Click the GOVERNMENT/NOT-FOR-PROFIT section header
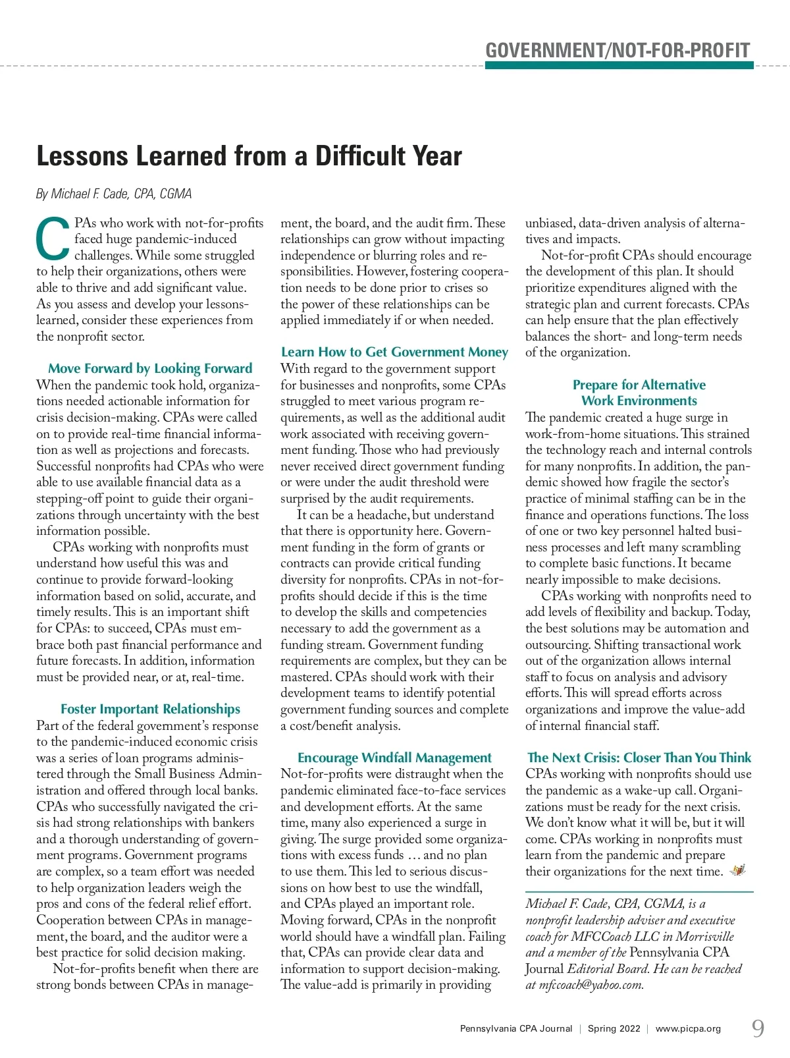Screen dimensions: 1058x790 pos(618,50)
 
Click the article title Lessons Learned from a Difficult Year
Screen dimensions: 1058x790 pos(249,156)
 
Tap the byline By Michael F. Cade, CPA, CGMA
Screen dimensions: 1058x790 pos(114,194)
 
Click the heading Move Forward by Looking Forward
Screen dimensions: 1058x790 pos(150,368)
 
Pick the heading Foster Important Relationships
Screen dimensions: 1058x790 pos(150,709)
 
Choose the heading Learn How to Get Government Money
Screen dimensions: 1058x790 pos(394,352)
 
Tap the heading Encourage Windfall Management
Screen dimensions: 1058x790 pos(394,758)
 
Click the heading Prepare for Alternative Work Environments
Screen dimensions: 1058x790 pos(639,393)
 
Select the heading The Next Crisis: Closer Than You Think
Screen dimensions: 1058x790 pos(639,758)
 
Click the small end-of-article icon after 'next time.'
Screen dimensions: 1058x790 pos(738,871)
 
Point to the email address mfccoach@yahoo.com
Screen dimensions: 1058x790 pos(591,985)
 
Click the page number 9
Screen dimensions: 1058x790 pos(758,1028)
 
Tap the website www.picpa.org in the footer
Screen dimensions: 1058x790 pos(688,1028)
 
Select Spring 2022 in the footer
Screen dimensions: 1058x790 pos(614,1028)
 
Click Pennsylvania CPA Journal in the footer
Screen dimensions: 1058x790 pos(516,1028)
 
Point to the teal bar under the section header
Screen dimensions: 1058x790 pos(619,65)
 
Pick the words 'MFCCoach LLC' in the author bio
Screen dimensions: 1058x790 pos(615,936)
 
